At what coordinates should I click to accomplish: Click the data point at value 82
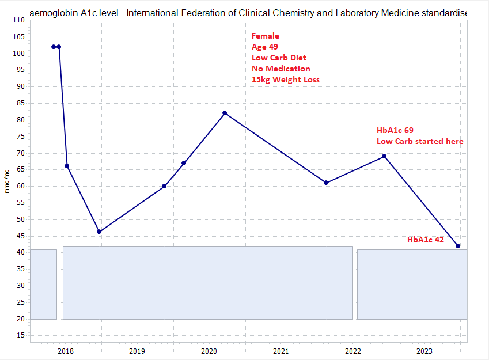point(225,113)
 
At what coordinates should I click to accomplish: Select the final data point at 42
point(458,246)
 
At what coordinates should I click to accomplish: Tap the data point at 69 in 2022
point(384,156)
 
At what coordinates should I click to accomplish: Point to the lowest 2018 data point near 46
point(99,232)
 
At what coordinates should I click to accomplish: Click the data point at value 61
point(326,183)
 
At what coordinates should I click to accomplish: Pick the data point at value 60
point(164,186)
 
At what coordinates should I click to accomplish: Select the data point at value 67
point(184,163)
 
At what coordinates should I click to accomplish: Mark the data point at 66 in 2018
point(67,166)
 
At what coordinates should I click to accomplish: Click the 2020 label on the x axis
point(209,351)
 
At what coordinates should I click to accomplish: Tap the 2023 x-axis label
point(424,351)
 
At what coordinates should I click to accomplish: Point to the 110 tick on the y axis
point(18,20)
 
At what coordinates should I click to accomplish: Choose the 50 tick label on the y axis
point(20,219)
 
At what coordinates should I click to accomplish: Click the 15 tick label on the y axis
point(20,335)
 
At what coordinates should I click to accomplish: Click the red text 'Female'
point(266,36)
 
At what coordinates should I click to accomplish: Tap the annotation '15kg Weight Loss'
point(285,79)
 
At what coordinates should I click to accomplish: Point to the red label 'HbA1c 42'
point(426,240)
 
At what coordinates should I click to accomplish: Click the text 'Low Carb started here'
point(420,141)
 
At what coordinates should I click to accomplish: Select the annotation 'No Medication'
point(280,69)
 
